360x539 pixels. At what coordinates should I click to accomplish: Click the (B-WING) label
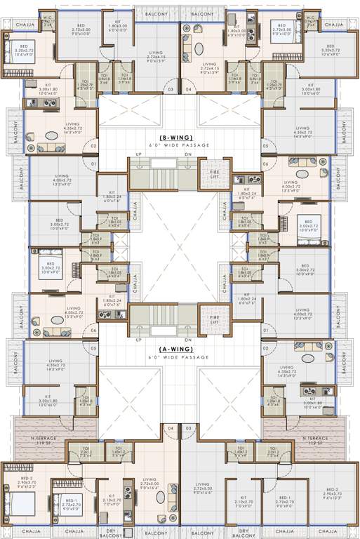pos(180,138)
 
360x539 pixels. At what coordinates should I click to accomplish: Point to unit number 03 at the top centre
pos(169,90)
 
